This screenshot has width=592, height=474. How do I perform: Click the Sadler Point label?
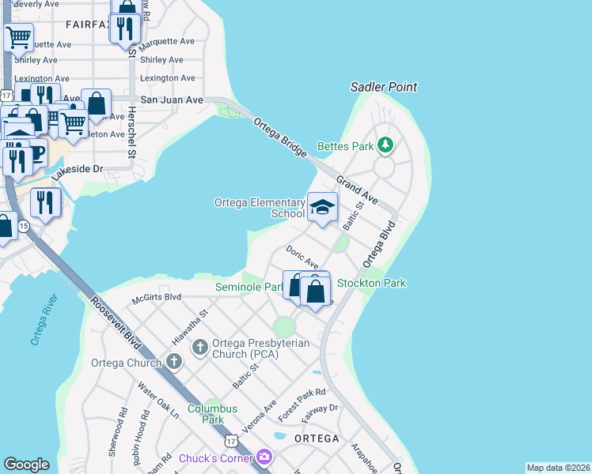coord(384,87)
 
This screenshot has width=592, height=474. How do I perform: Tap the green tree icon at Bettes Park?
coord(385,145)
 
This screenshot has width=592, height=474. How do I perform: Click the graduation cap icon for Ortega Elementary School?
coord(322,208)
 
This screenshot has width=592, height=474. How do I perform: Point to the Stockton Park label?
coord(360,283)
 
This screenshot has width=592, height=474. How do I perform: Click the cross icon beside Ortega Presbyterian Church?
coord(199,346)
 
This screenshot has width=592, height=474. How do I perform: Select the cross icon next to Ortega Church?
coord(174,363)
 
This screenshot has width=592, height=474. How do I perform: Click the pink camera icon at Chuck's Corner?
coord(264,457)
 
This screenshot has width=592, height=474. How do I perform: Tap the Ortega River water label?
coord(44,320)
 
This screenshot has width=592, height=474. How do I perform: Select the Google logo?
coord(26,465)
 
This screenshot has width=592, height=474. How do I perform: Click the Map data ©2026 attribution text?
coord(557,468)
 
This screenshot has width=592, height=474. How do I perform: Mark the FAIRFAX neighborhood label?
coord(86,24)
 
